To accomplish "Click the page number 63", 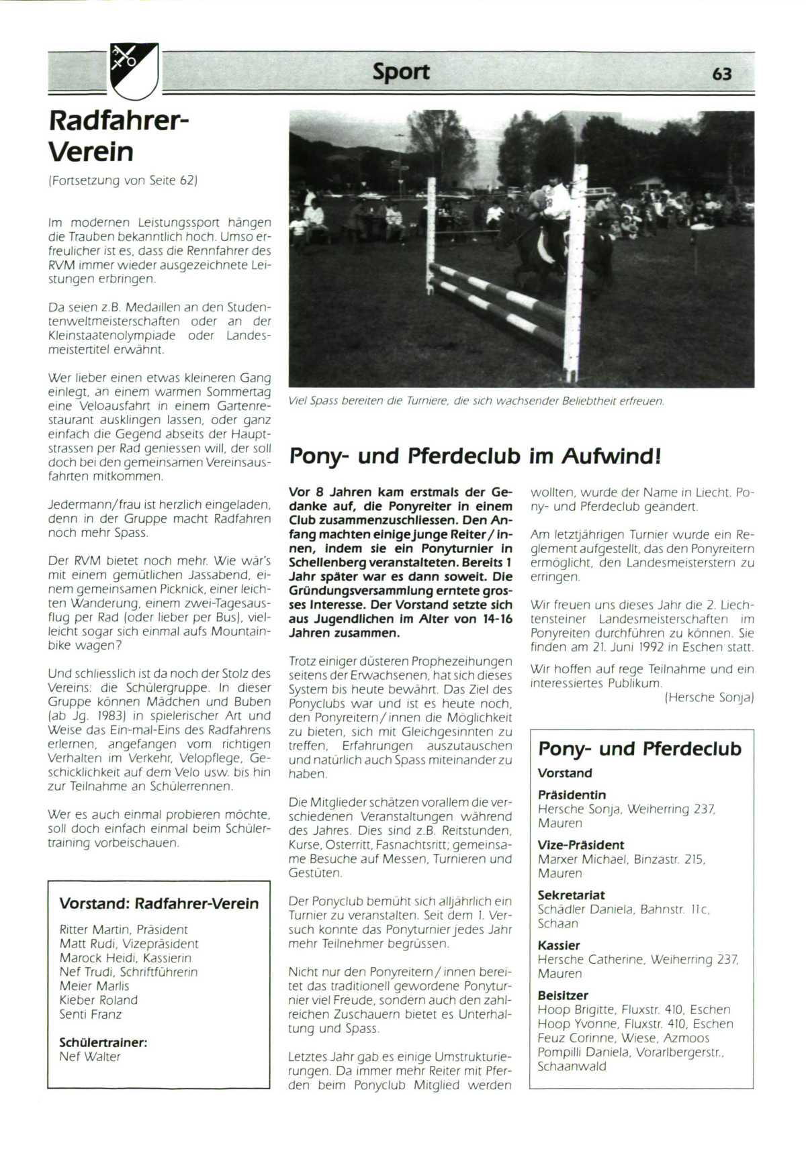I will (721, 73).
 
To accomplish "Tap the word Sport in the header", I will (401, 72).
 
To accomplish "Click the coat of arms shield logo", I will (134, 69).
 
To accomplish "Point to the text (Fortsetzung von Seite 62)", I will (123, 181).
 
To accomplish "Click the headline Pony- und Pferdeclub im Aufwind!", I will (476, 456).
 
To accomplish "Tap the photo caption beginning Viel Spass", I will (476, 401).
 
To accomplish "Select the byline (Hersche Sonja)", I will (709, 697).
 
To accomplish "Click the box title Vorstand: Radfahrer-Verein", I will (159, 903).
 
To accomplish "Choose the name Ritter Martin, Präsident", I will (124, 930).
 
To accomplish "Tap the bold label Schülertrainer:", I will (103, 1042).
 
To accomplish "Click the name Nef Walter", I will (90, 1056).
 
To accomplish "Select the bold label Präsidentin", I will (572, 795).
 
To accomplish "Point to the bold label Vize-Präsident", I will (581, 845).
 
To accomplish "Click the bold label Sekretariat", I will (572, 895).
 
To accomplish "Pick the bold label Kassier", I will (559, 945).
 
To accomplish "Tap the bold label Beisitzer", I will (563, 995).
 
